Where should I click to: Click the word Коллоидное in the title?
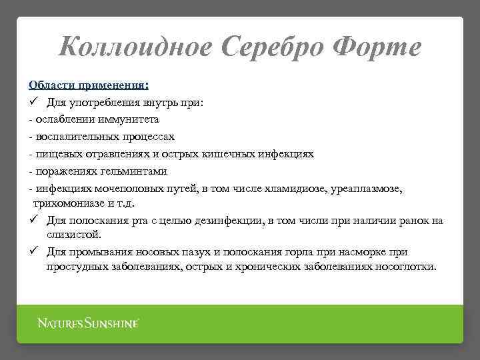coord(137,47)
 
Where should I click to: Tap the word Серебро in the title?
coord(275,47)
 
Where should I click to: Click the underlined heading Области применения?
coord(89,85)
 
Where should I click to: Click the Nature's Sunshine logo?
coord(87,324)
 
